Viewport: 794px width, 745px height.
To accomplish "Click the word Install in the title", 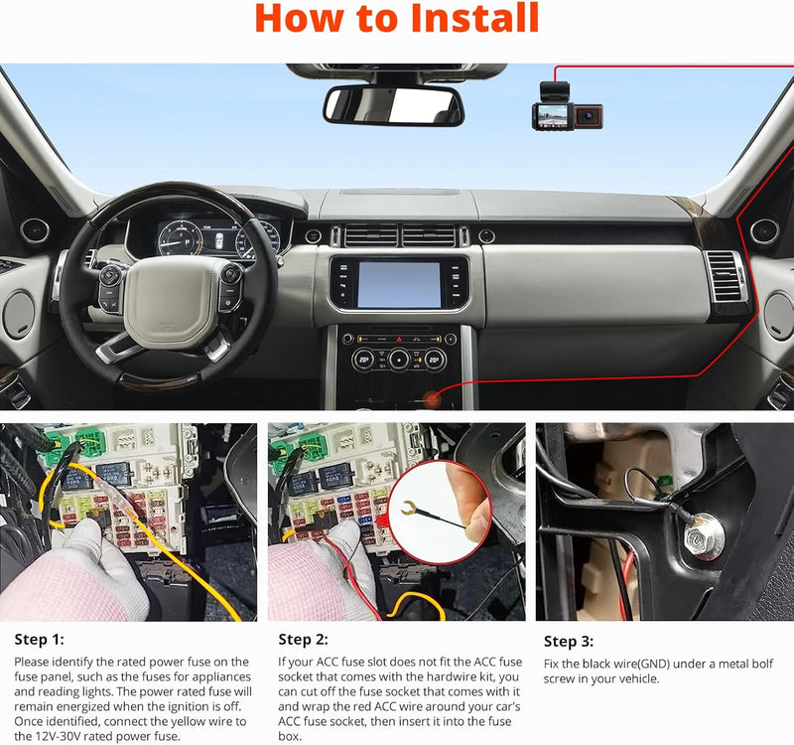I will (466, 19).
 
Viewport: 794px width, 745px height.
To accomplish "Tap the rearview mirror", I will (394, 105).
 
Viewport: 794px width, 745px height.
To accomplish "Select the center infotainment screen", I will (398, 284).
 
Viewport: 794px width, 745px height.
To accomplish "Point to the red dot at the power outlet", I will (432, 398).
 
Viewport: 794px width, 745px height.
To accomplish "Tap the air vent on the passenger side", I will (723, 277).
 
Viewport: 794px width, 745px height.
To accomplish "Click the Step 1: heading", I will (42, 639).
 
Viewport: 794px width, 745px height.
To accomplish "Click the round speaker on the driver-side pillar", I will (35, 231).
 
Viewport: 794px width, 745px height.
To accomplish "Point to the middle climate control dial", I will (399, 360).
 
